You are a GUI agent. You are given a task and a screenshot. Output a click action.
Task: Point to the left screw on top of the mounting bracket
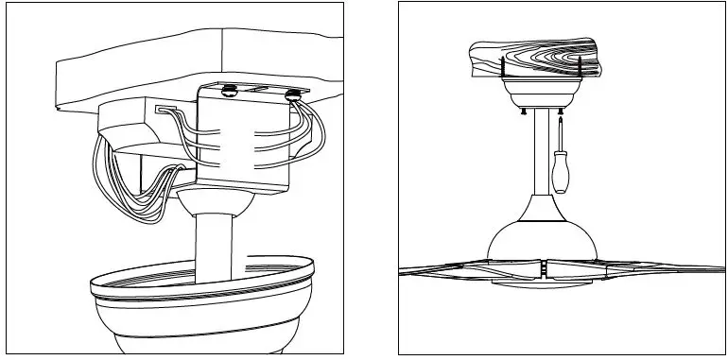point(229,93)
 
